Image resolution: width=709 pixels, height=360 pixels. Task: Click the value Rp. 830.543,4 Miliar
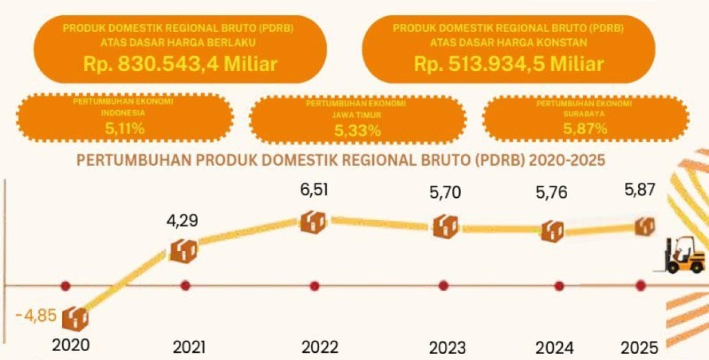(x=180, y=64)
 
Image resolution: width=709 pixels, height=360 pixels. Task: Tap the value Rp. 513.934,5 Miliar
(x=508, y=64)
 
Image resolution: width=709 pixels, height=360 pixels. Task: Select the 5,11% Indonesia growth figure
(x=125, y=129)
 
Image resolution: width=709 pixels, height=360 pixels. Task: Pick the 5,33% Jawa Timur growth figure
(x=357, y=131)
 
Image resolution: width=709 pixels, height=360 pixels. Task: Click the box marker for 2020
(x=75, y=317)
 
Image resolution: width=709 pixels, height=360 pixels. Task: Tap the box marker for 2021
(x=183, y=251)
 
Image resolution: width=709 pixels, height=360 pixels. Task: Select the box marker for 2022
(x=314, y=222)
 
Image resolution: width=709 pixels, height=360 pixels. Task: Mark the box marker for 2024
(x=552, y=231)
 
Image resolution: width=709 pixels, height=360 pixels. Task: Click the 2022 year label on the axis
(x=320, y=347)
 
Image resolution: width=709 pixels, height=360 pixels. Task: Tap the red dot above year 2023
(x=443, y=286)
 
